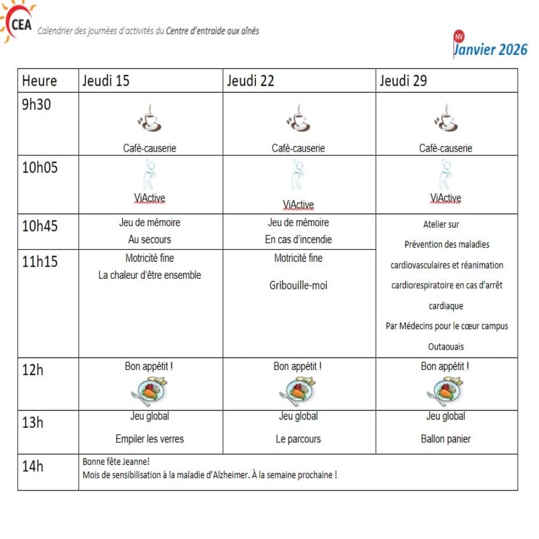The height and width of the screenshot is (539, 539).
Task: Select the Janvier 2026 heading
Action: [x=490, y=49]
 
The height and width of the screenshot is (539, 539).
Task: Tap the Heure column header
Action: [x=39, y=81]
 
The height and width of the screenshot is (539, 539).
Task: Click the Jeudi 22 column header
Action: [x=251, y=81]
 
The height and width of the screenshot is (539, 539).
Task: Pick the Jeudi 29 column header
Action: [x=403, y=81]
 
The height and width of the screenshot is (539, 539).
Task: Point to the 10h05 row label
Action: [x=40, y=168]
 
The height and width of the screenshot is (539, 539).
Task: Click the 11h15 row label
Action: [x=40, y=261]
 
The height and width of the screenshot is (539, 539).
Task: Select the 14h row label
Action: [x=33, y=466]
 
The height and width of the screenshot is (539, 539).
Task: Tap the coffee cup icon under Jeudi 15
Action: [x=149, y=118]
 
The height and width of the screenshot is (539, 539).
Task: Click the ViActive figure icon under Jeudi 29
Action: [x=445, y=175]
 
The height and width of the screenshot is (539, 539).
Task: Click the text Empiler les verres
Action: [x=149, y=439]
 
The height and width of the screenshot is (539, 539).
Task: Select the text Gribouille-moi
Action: [x=298, y=286]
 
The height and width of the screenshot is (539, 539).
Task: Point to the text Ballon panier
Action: [x=445, y=439]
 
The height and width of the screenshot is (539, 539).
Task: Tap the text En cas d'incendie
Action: [x=298, y=239]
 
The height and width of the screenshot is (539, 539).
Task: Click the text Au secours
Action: [x=149, y=239]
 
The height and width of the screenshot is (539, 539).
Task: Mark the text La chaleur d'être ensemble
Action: [x=149, y=275]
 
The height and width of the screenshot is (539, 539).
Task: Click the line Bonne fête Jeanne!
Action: [x=116, y=462]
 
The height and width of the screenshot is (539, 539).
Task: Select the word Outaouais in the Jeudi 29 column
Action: [x=446, y=347]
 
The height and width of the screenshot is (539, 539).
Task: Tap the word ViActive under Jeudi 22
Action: [x=298, y=205]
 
